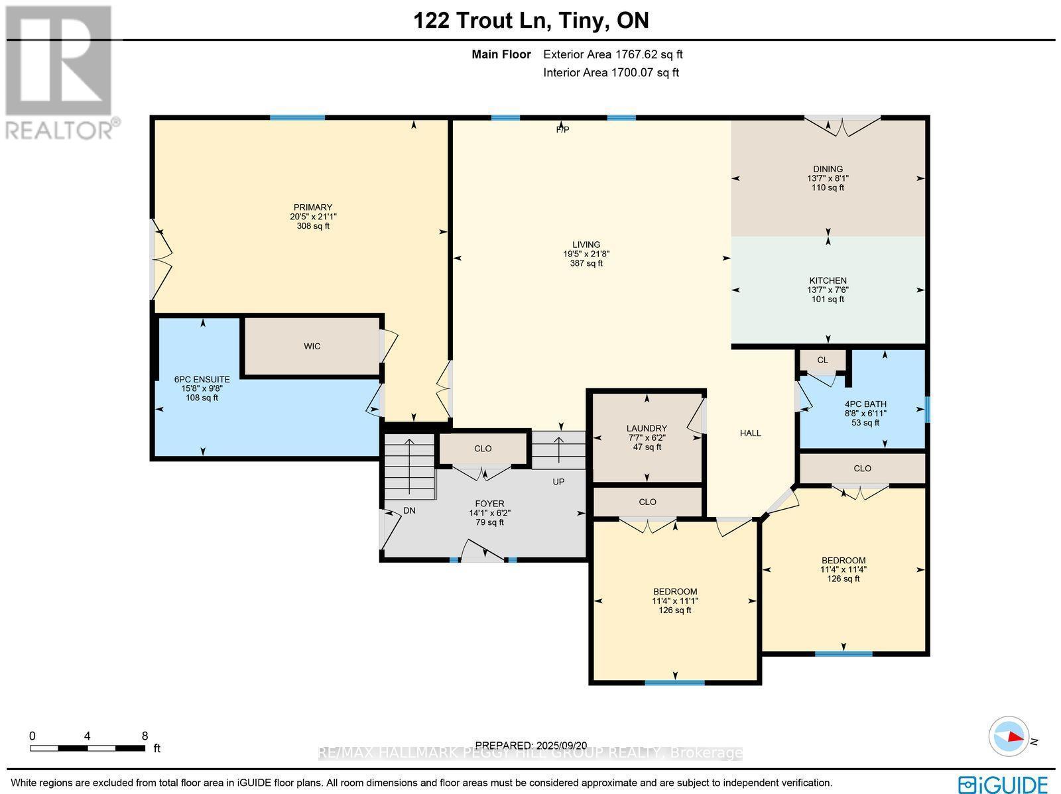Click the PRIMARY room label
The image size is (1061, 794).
(x=313, y=207)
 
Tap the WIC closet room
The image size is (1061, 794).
(x=312, y=347)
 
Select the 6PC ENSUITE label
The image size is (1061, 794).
(x=202, y=380)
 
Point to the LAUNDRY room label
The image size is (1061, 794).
(x=647, y=429)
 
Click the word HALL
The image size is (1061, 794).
(x=751, y=433)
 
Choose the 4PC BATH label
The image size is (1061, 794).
(x=865, y=404)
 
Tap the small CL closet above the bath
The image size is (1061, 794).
(x=822, y=361)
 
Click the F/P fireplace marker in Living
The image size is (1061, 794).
(x=562, y=130)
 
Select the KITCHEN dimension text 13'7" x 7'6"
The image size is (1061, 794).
(x=828, y=290)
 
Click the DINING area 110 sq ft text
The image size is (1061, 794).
(x=828, y=188)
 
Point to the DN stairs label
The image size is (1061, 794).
(x=410, y=511)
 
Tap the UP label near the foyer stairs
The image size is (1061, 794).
(x=558, y=482)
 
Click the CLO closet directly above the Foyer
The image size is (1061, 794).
(x=483, y=449)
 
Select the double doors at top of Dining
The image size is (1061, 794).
(x=842, y=127)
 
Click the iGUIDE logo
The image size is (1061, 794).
(x=1003, y=783)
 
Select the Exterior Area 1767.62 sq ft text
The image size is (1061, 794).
(x=613, y=55)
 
